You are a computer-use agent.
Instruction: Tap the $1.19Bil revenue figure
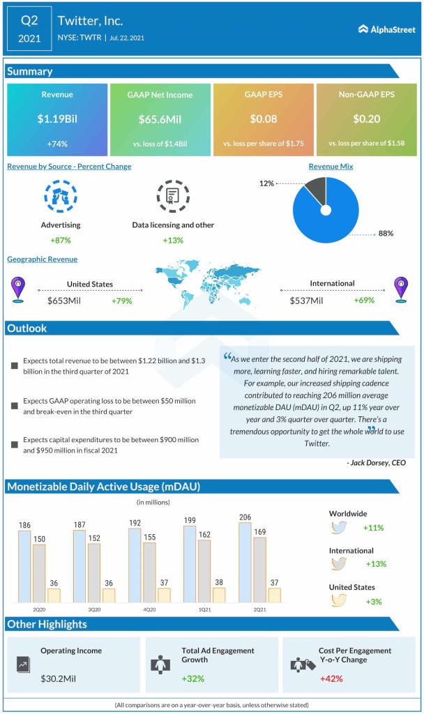click(x=56, y=119)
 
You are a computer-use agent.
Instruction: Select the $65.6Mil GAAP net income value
click(x=160, y=119)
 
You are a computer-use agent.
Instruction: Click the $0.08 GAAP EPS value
click(x=263, y=119)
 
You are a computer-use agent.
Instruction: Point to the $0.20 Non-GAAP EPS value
click(x=366, y=119)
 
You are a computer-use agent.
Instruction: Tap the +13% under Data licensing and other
click(x=173, y=240)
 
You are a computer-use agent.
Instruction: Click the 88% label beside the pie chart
click(x=385, y=234)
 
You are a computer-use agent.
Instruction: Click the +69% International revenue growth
click(x=364, y=301)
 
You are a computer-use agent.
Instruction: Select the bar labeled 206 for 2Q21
click(x=244, y=563)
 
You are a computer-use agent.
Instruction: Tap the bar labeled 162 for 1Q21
click(x=204, y=570)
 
